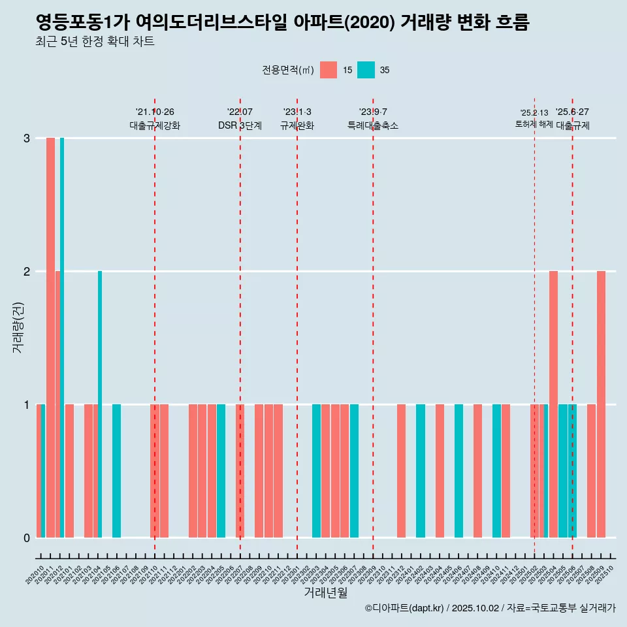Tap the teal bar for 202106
[116, 471]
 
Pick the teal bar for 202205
[221, 471]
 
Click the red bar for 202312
[401, 471]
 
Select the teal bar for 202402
[421, 471]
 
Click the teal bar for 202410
[496, 471]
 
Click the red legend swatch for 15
[329, 70]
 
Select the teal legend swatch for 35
[366, 70]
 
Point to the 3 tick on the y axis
[27, 138]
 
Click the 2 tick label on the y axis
[27, 272]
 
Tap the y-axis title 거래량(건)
[18, 327]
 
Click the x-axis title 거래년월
[325, 593]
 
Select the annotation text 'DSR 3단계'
[240, 125]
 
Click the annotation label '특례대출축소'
[373, 125]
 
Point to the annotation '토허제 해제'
[534, 124]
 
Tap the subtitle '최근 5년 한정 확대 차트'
[95, 42]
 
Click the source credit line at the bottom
[490, 608]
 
